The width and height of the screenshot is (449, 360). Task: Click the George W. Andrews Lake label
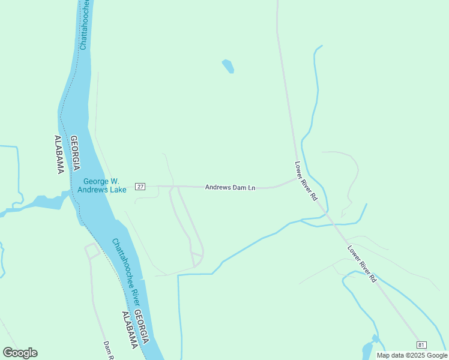[x=101, y=185]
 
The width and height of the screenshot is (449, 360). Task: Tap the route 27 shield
[x=140, y=187]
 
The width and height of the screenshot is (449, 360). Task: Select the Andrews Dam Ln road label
[x=231, y=188]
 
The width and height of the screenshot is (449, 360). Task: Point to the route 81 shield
[x=421, y=344]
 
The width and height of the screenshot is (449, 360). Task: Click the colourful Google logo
[x=20, y=353]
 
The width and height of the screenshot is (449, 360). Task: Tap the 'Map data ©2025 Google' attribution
[x=412, y=355]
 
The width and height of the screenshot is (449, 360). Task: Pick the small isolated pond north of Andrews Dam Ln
[x=228, y=65]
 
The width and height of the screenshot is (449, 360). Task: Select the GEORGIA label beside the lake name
[x=76, y=153]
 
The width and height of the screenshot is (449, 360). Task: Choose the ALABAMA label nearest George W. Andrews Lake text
[x=59, y=155]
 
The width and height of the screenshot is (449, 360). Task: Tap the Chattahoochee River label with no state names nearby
[x=84, y=24]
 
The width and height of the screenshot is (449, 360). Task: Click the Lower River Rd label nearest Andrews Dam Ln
[x=306, y=181]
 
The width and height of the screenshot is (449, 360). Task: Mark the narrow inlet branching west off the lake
[x=36, y=203]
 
